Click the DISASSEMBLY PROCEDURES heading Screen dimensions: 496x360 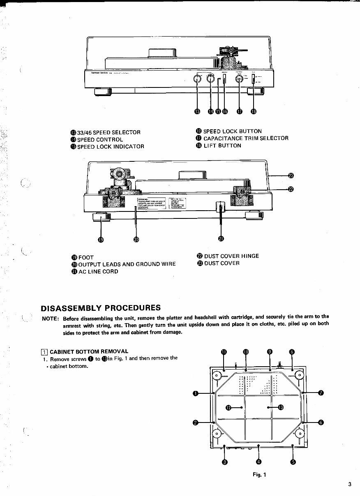101,308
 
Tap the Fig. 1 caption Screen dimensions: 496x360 259,475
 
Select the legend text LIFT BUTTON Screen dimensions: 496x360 222,146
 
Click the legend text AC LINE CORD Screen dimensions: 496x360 98,271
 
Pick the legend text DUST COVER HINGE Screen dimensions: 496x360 231,256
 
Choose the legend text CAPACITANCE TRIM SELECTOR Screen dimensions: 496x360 246,138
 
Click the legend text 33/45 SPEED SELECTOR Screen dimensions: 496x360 109,132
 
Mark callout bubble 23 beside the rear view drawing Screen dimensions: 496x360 291,176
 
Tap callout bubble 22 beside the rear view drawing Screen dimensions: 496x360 291,189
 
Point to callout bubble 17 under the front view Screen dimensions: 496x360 240,112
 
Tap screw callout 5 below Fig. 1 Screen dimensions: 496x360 293,462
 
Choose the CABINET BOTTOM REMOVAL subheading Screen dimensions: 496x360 89,351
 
